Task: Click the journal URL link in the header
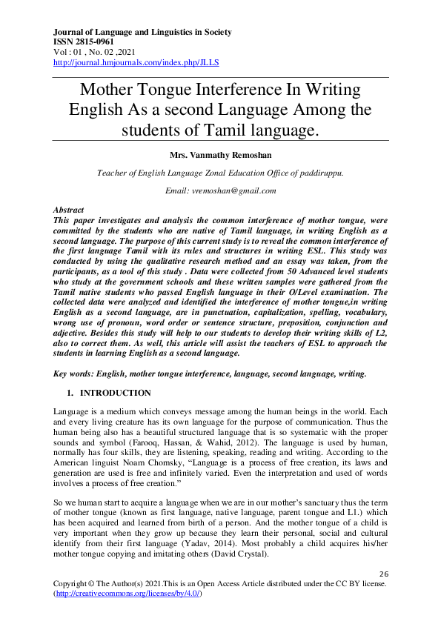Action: (136, 63)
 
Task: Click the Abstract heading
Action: (69, 210)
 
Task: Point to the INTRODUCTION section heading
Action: (115, 393)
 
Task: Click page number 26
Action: (384, 574)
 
